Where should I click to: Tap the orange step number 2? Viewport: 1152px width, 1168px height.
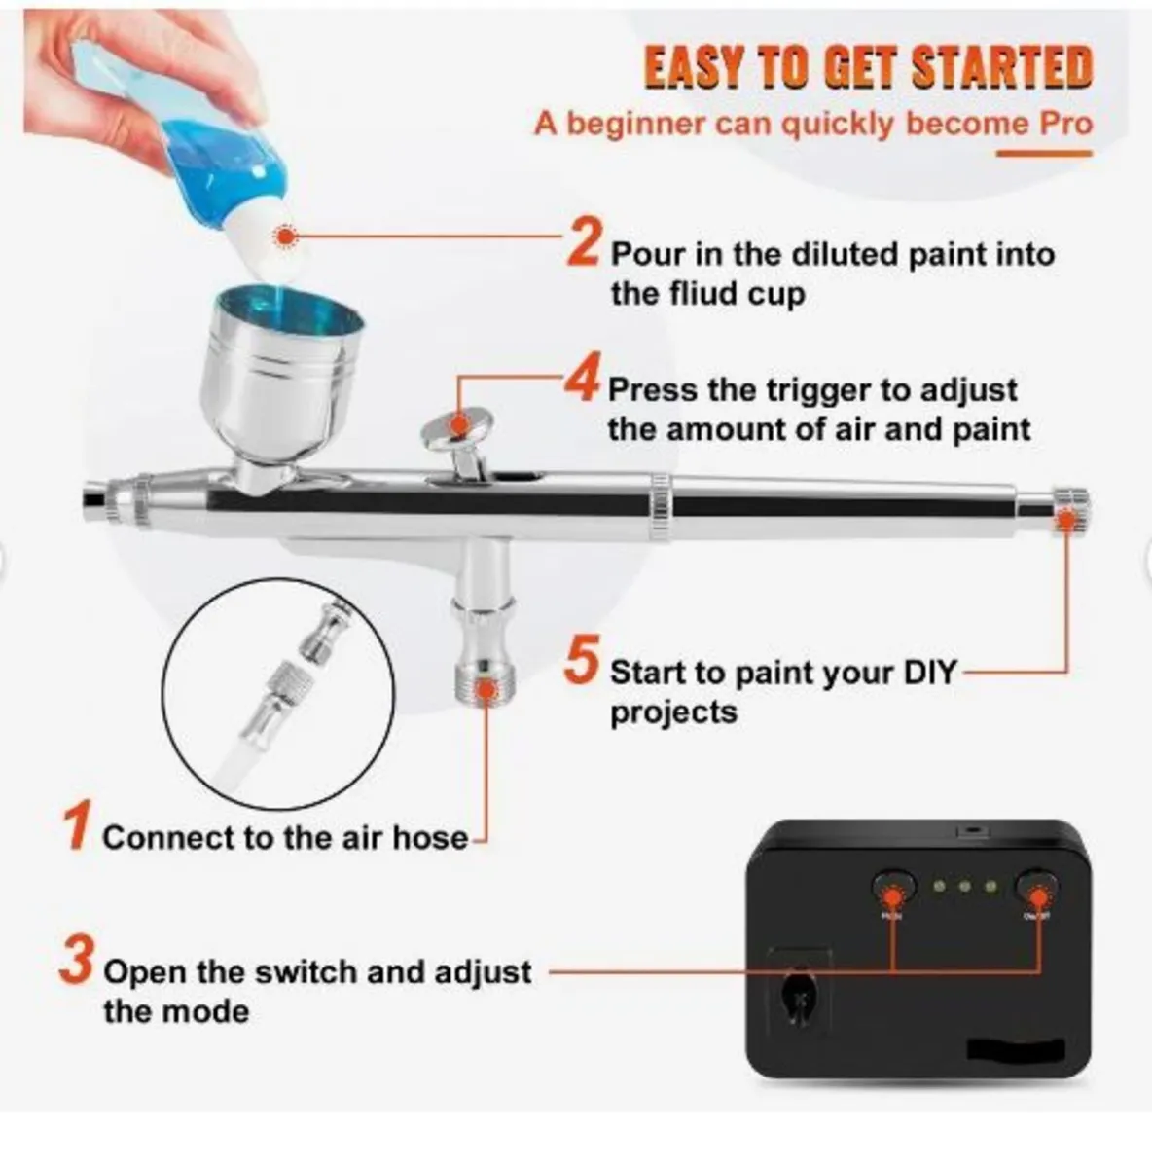584,242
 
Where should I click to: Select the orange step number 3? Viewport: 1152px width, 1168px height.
77,961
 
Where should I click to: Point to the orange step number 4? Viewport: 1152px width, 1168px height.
583,380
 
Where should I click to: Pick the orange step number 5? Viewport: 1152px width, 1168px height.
582,662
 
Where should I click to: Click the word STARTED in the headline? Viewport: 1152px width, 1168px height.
1001,67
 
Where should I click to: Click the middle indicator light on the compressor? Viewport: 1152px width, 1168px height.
965,887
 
